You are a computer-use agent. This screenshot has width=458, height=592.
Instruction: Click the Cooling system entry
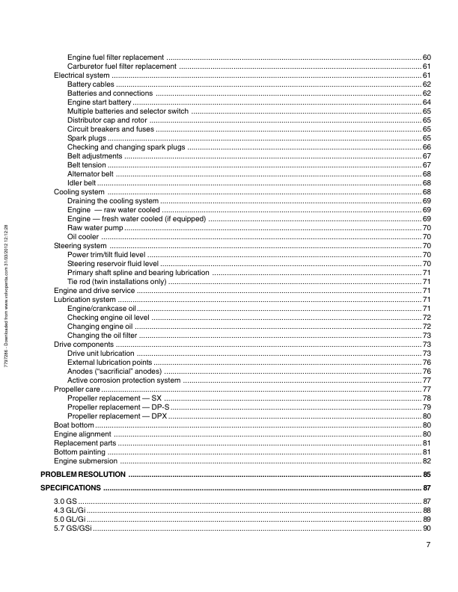(79, 192)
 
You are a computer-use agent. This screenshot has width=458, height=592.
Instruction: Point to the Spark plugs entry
(87, 138)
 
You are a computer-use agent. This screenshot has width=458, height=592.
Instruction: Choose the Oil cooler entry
(84, 237)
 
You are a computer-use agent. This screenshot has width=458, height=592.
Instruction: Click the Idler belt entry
(82, 183)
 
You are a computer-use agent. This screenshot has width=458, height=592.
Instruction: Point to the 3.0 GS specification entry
(65, 501)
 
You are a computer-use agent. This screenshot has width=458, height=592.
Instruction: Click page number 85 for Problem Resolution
(427, 475)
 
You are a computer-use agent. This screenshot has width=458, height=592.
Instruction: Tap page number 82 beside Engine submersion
(427, 461)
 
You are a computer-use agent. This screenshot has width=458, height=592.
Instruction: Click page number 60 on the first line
(427, 58)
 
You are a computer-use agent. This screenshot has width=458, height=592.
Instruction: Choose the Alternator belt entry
(90, 174)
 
